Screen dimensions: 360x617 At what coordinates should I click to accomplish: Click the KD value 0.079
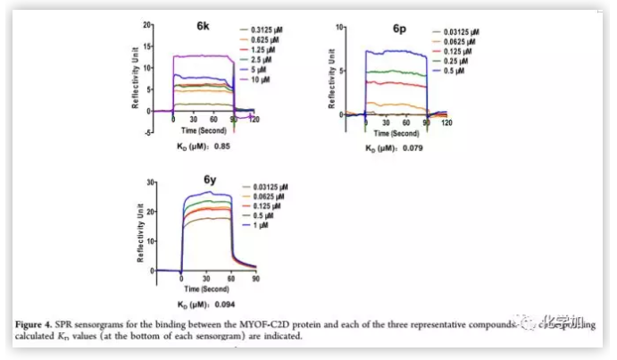(x=411, y=147)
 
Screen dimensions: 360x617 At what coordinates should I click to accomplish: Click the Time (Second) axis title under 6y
(x=204, y=289)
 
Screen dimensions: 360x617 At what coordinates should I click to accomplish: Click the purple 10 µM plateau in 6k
(x=203, y=56)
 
